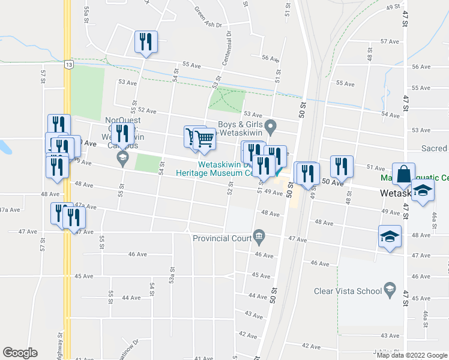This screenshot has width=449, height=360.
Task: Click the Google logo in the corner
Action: tap(20, 353)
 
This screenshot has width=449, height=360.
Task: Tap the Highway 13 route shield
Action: tap(70, 64)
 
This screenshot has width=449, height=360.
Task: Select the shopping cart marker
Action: tap(204, 139)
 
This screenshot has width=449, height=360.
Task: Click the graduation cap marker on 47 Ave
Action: tap(390, 235)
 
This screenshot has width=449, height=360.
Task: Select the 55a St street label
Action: tap(87, 10)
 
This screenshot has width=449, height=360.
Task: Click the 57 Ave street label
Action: tap(390, 41)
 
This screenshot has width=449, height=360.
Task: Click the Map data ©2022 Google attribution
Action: tap(412, 355)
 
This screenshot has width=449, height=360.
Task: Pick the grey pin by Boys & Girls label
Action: tap(271, 126)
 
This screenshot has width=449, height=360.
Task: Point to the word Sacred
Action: tap(433, 148)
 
